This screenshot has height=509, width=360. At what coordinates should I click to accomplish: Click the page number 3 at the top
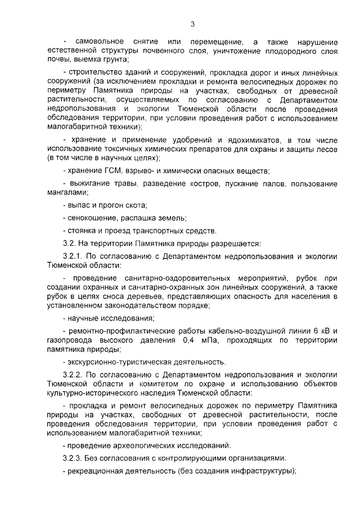click(192, 24)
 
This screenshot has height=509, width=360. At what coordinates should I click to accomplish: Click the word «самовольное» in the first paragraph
click(96, 42)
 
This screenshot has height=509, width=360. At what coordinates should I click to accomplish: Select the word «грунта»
click(114, 59)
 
